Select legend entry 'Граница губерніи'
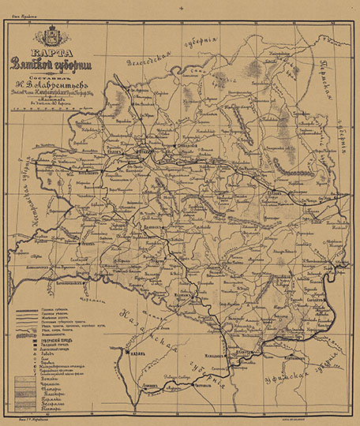coord(50,311)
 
